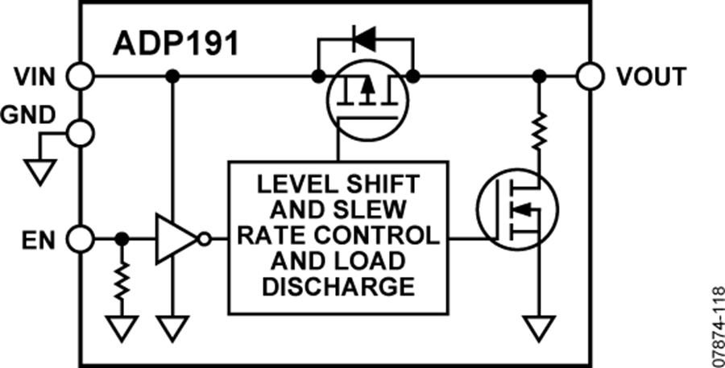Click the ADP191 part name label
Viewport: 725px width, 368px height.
[x=175, y=43]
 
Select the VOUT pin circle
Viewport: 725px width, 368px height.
[x=590, y=76]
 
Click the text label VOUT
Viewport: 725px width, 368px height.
[x=651, y=77]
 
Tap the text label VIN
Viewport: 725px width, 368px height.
[x=37, y=77]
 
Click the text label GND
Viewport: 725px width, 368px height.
[x=29, y=115]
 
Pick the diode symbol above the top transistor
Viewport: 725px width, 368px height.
[x=366, y=36]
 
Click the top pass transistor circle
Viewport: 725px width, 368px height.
[x=367, y=101]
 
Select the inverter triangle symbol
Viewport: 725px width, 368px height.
[x=176, y=239]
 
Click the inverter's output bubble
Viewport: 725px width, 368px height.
[x=205, y=239]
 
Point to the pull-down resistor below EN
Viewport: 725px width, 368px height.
[x=122, y=282]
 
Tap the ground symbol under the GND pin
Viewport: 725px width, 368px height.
[x=39, y=171]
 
